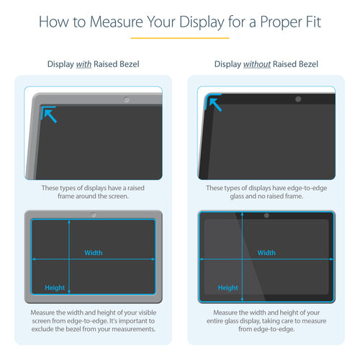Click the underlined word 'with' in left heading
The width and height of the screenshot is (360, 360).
point(84,65)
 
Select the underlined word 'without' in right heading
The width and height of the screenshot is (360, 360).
point(257,65)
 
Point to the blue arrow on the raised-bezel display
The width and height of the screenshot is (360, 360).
point(49,114)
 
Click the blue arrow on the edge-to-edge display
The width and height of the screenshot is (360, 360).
point(215,106)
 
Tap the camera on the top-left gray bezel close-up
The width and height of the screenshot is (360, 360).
point(127,97)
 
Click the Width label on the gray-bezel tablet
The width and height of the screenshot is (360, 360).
point(94,253)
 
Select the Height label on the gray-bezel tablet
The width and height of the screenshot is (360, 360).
point(55,288)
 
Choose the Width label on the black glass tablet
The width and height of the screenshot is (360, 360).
point(266,253)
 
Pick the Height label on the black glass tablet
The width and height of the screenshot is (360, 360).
point(228,288)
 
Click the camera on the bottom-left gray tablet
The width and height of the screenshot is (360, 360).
point(93,215)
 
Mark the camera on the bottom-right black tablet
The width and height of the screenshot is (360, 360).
point(266,215)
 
